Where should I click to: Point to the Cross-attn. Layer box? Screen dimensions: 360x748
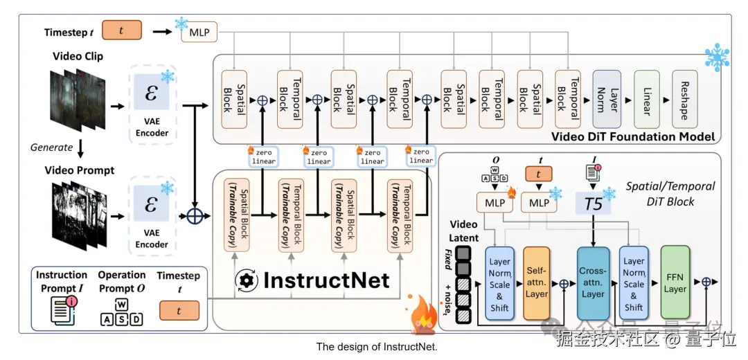coord(593,282)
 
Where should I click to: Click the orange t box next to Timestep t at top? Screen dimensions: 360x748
coord(122,30)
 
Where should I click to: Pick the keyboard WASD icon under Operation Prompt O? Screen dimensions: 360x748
coord(121,312)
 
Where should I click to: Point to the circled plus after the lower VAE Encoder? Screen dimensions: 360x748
coord(194,215)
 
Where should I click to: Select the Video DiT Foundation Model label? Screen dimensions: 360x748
coord(632,136)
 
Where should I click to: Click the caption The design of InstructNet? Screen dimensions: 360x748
coord(377,347)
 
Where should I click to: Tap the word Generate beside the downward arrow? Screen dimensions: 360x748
coord(52,147)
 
